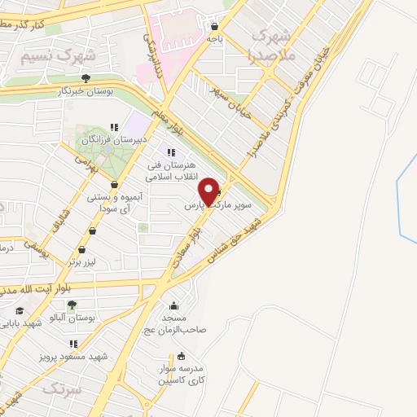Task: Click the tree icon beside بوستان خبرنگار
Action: (86, 78)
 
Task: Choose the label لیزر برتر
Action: (83, 262)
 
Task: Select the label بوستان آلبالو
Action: (96, 316)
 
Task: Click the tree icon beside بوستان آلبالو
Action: (72, 305)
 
